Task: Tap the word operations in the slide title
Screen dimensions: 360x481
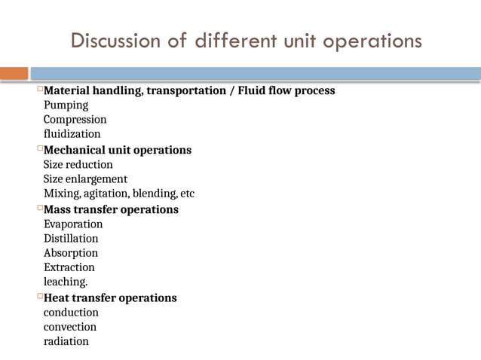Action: pyautogui.click(x=373, y=41)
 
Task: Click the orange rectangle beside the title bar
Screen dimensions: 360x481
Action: pyautogui.click(x=14, y=73)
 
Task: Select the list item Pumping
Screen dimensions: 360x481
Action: pyautogui.click(x=66, y=105)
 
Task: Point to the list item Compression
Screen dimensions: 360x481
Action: pyautogui.click(x=75, y=119)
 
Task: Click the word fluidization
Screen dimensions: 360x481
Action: pyautogui.click(x=72, y=133)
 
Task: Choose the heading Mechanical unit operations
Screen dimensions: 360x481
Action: pyautogui.click(x=117, y=150)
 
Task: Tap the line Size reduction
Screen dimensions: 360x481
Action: pyautogui.click(x=78, y=164)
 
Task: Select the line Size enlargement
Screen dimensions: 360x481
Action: pyautogui.click(x=85, y=178)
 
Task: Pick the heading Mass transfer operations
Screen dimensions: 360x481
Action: pyautogui.click(x=111, y=209)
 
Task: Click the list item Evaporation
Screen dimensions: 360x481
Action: pyautogui.click(x=73, y=224)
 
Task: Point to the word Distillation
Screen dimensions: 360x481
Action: pyautogui.click(x=71, y=238)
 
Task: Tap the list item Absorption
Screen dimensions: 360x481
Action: pyautogui.click(x=71, y=252)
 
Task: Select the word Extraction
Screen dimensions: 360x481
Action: pyautogui.click(x=69, y=267)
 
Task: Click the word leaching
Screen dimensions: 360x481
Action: pyautogui.click(x=66, y=281)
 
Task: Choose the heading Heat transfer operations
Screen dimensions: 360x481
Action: pyautogui.click(x=110, y=297)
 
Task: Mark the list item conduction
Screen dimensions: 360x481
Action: pyautogui.click(x=71, y=312)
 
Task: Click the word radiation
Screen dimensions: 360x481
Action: pyautogui.click(x=66, y=340)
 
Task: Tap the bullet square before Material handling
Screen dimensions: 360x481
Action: pyautogui.click(x=40, y=90)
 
